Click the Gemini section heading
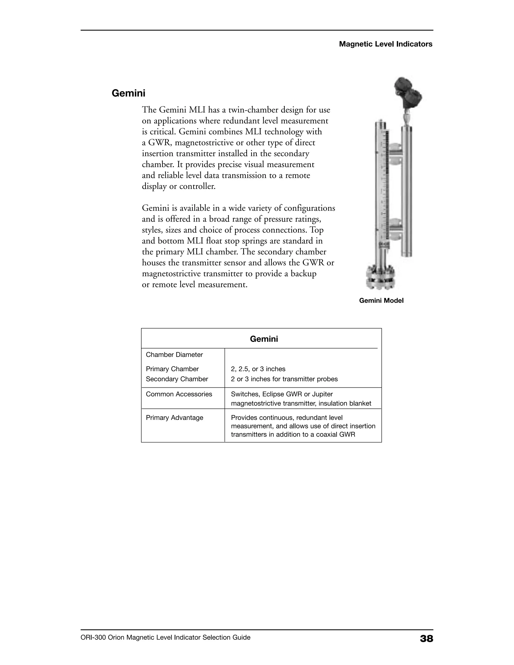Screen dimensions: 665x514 click(x=128, y=93)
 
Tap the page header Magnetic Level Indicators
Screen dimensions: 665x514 click(x=385, y=44)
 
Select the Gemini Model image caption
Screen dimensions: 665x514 click(x=381, y=301)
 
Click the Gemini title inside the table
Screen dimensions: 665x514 click(x=264, y=339)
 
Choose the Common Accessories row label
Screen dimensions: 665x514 click(x=179, y=394)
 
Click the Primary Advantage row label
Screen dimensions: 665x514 click(x=174, y=418)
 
